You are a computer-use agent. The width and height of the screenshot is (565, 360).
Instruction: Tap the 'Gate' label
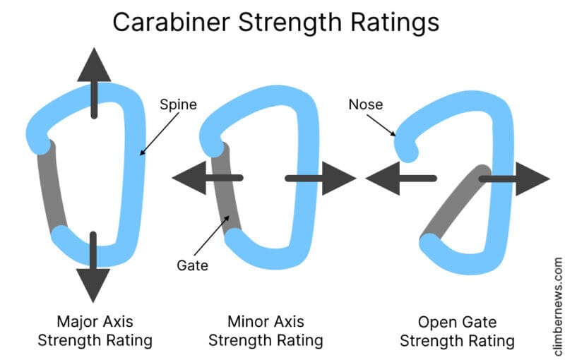click(193, 265)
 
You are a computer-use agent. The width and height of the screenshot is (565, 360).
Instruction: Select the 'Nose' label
click(365, 104)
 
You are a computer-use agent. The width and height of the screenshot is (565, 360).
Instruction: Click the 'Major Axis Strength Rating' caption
click(95, 330)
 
